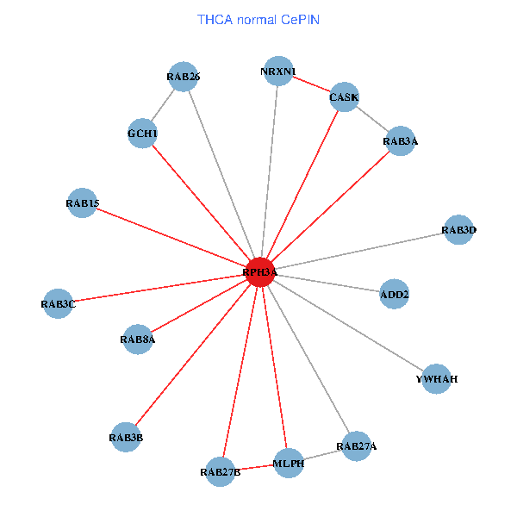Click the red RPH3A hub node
tap(260, 272)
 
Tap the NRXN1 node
tap(277, 71)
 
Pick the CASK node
tap(345, 97)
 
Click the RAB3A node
tap(400, 140)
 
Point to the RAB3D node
tap(458, 230)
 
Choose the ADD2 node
tap(394, 295)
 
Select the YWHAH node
tap(436, 379)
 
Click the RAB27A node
tap(357, 446)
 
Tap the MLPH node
tap(289, 464)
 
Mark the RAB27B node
tap(221, 471)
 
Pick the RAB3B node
tap(126, 438)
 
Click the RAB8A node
tap(138, 339)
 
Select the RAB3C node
tap(58, 303)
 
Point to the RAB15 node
tap(82, 203)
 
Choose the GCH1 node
tap(142, 134)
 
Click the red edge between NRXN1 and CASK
tap(311, 84)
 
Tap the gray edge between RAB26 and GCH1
tap(163, 105)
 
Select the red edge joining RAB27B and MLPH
tap(255, 467)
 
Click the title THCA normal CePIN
tap(258, 19)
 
